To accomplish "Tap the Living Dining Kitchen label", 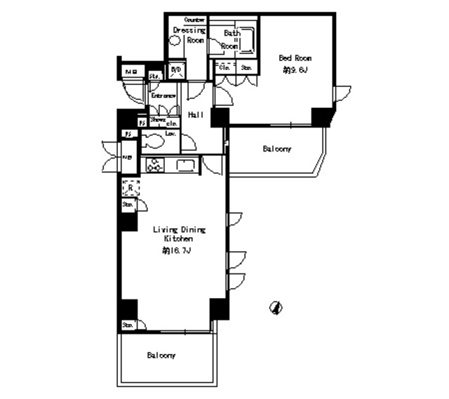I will point(179,234).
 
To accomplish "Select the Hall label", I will point(195,115).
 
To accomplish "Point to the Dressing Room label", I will point(189,35).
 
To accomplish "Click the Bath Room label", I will point(231,39).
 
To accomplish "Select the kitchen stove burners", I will point(154,165).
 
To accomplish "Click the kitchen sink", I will point(185,165).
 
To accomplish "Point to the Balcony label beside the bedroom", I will point(277,149).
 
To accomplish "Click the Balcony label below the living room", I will point(161,356).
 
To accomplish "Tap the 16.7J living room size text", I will point(177,250).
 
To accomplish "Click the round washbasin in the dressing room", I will point(176,41).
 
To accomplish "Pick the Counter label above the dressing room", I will point(194,20).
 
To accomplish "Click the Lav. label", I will point(170,133).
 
